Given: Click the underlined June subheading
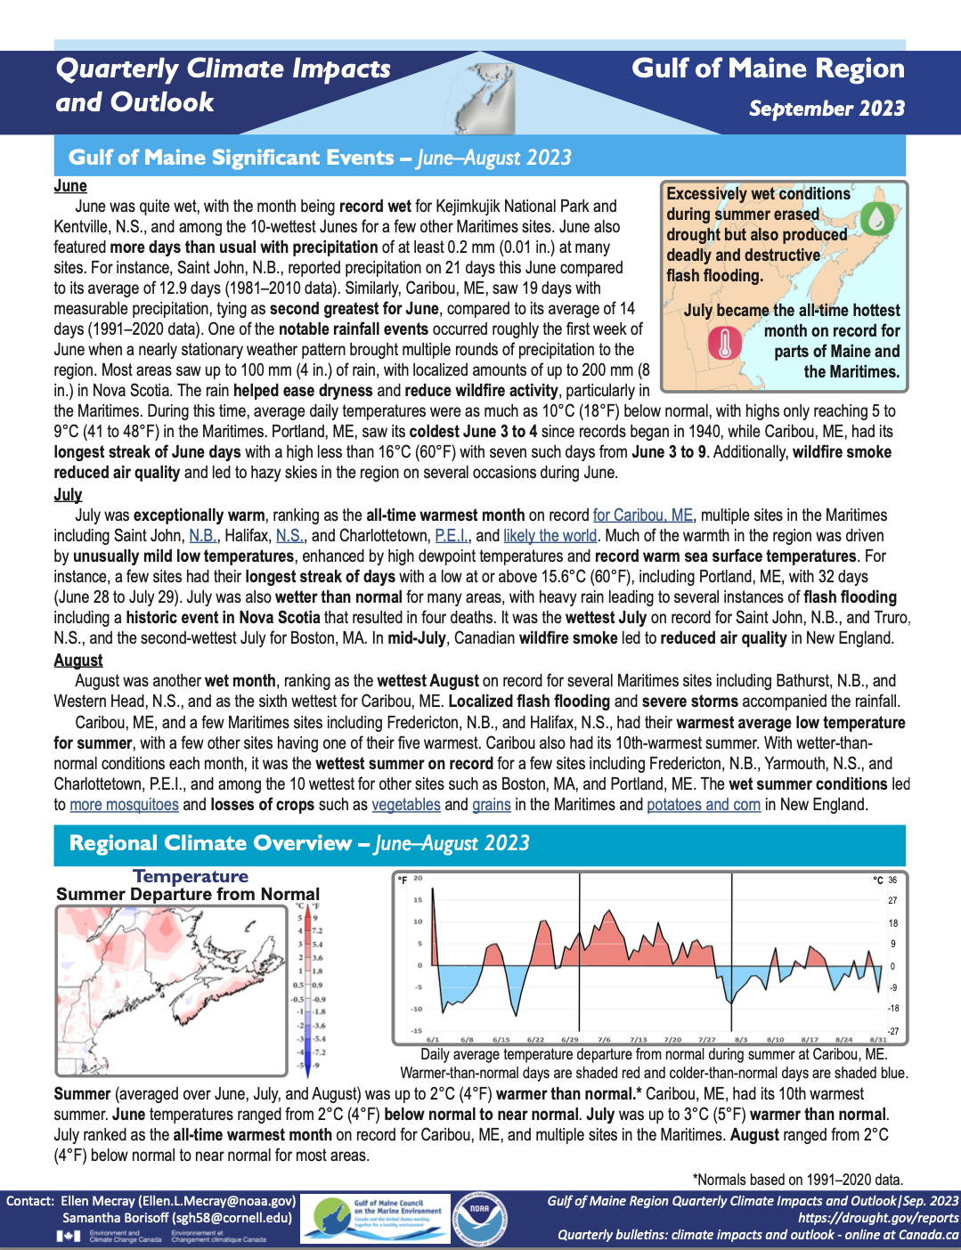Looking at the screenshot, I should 70,186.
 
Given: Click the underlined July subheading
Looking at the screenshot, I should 68,495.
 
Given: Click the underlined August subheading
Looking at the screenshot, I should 78,660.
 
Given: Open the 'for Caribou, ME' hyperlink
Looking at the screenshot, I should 642,515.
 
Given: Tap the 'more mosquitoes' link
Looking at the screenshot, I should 124,805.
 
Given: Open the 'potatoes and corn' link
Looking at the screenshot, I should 704,805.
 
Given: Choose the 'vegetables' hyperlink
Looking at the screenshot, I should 406,805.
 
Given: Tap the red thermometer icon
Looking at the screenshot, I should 724,343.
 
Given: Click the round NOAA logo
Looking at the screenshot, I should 480,1218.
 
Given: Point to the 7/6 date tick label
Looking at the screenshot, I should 604,1039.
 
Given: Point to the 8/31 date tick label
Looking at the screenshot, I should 878,1039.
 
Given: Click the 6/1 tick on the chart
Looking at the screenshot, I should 433,1039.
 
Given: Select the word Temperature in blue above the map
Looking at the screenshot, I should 191,877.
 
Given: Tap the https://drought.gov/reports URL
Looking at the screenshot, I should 878,1218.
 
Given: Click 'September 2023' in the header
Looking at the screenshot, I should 827,109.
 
